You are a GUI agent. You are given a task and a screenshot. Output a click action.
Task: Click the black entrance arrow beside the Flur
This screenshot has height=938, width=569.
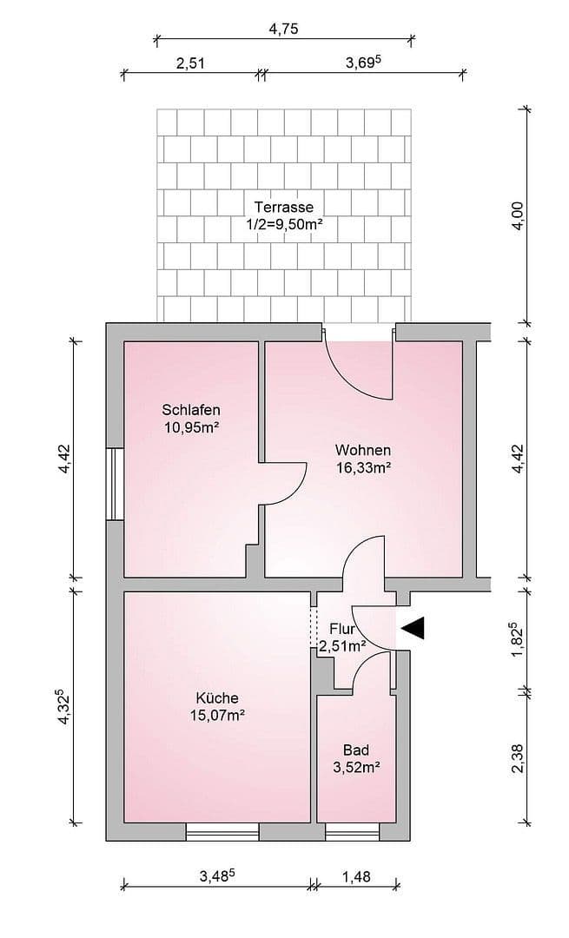pyautogui.click(x=412, y=628)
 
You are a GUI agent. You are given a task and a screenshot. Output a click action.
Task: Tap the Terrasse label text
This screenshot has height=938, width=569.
pyautogui.click(x=283, y=208)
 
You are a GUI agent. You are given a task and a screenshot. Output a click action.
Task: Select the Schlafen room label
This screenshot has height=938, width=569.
pyautogui.click(x=190, y=410)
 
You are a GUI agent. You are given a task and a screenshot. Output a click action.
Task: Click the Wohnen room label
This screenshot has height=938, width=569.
pyautogui.click(x=363, y=450)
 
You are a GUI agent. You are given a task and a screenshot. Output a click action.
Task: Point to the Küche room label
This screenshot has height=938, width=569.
pyautogui.click(x=216, y=697)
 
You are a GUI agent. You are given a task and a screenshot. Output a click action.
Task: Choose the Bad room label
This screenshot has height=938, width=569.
pyautogui.click(x=355, y=750)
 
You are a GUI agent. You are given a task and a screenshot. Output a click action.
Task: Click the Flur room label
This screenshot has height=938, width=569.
pyautogui.click(x=343, y=627)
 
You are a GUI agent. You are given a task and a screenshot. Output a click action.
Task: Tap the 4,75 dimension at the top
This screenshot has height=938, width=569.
pyautogui.click(x=283, y=28)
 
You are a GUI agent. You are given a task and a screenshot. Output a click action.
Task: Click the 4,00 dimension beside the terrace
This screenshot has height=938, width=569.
pyautogui.click(x=518, y=215)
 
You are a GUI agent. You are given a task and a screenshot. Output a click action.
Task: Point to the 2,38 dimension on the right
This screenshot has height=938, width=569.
pyautogui.click(x=518, y=756)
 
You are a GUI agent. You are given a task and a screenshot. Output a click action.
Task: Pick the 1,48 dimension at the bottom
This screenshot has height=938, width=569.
pyautogui.click(x=356, y=876)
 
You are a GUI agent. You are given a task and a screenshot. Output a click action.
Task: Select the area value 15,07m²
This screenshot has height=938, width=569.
pyautogui.click(x=216, y=715)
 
